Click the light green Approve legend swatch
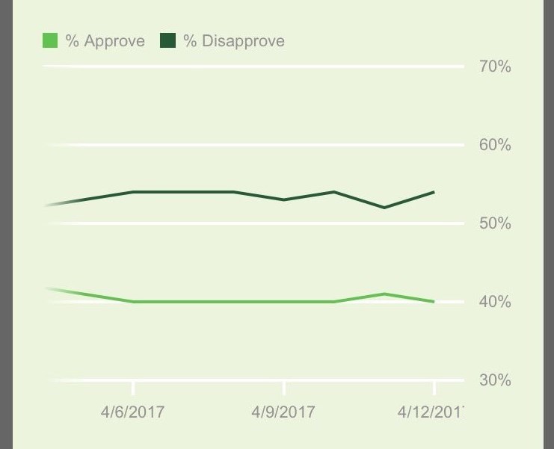50,41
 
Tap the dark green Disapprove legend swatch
168,41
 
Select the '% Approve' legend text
105,41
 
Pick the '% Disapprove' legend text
234,41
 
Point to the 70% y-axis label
495,67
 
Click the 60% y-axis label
495,145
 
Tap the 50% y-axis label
495,223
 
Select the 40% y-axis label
495,302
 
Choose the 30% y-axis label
495,380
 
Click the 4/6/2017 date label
132,412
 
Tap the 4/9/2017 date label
283,412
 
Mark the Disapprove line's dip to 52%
384,208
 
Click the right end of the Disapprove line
434,192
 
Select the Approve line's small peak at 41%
384,294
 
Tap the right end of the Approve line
434,302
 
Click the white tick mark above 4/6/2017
133,388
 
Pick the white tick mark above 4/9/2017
284,388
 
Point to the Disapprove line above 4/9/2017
284,199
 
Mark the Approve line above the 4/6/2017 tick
133,302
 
